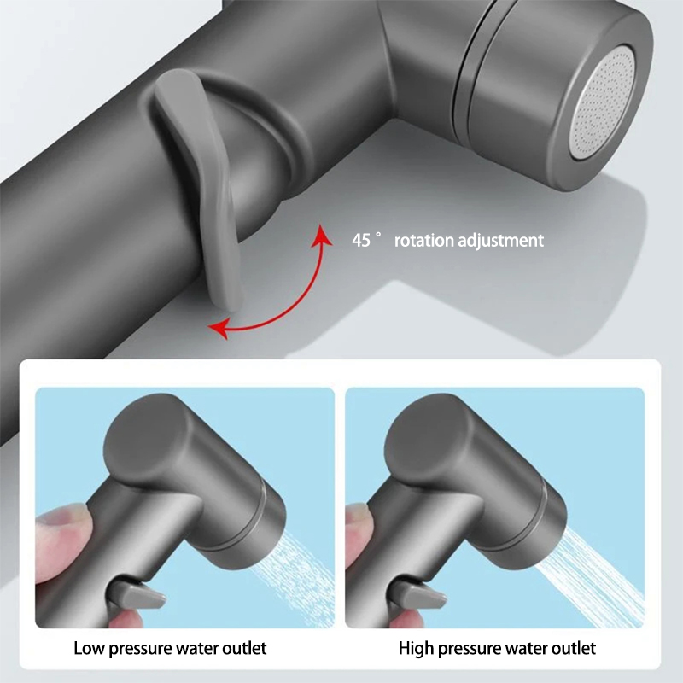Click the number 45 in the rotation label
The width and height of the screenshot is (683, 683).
click(361, 241)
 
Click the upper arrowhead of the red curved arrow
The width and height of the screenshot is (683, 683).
click(322, 236)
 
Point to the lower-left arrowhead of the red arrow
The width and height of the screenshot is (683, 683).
click(218, 328)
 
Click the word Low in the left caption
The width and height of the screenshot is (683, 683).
click(89, 648)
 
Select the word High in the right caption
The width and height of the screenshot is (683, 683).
click(416, 649)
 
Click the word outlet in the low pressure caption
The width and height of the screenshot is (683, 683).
click(244, 648)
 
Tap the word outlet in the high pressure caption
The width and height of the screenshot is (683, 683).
click(573, 648)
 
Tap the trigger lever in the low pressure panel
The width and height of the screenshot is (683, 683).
click(137, 594)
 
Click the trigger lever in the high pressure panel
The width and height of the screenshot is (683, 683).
click(417, 594)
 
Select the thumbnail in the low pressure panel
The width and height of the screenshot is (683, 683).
click(70, 517)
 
